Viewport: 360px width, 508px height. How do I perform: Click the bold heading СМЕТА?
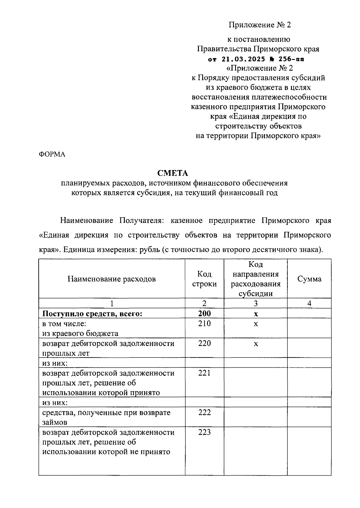(x=172, y=173)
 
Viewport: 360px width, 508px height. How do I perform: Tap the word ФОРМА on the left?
(x=52, y=154)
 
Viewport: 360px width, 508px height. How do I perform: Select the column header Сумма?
(x=309, y=279)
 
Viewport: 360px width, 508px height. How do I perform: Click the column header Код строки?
(x=204, y=279)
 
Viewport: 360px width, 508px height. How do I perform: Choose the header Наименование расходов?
(x=112, y=279)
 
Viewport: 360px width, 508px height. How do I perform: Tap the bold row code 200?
(x=204, y=313)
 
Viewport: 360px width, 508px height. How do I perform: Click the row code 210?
(x=204, y=324)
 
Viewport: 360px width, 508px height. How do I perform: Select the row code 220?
(x=204, y=343)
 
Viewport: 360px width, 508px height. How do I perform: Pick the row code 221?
(x=204, y=373)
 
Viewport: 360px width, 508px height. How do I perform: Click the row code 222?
(x=204, y=413)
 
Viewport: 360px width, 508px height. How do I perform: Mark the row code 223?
(x=204, y=432)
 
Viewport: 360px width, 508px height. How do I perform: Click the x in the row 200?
(x=256, y=314)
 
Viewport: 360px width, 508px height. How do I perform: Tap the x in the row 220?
(x=256, y=344)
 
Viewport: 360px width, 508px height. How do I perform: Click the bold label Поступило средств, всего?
(x=92, y=314)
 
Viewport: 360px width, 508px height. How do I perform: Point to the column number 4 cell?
(x=309, y=303)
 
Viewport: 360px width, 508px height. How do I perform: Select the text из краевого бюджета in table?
(x=80, y=333)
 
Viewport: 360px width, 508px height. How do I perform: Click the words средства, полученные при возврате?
(x=106, y=413)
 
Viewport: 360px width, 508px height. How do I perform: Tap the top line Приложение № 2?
(x=260, y=25)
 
